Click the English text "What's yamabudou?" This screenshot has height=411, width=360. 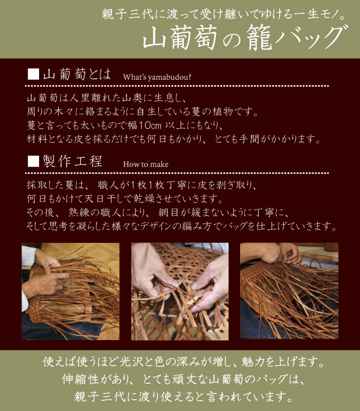tap(157, 77)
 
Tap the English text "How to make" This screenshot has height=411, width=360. tap(146, 164)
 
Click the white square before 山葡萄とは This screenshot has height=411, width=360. tap(33, 74)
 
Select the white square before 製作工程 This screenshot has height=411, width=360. tap(33, 161)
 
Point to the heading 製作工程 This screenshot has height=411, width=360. tap(73, 161)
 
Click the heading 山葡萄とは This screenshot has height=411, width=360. tap(77, 74)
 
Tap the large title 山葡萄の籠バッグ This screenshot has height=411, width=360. tap(245, 37)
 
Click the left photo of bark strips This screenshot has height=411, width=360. tap(70, 291)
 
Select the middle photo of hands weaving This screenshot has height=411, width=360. tap(179, 291)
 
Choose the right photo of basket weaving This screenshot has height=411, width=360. tap(289, 291)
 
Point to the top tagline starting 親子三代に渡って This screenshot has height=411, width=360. tap(224, 14)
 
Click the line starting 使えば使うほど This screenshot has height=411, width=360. tap(184, 362)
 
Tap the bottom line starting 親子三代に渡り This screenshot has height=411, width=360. tap(183, 397)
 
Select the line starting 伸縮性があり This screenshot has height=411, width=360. tap(183, 379)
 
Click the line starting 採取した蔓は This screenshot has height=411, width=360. tap(142, 185)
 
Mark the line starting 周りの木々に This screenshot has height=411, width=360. tap(142, 112)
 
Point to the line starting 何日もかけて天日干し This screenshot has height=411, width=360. tap(125, 199)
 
